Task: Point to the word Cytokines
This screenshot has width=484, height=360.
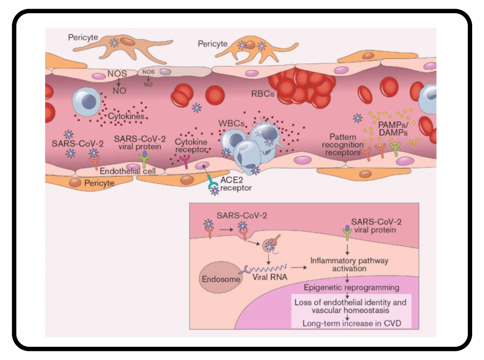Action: pos(126,116)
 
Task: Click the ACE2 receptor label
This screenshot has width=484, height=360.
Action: pos(236,184)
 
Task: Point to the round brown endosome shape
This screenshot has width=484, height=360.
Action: pos(217,277)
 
